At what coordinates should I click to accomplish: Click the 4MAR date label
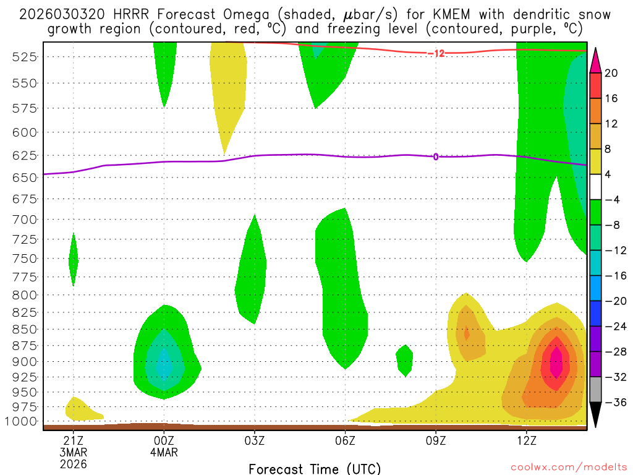click(x=164, y=452)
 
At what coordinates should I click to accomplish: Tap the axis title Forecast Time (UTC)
click(x=315, y=468)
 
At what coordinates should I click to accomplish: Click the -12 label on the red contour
click(x=436, y=54)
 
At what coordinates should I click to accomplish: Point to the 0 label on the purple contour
click(x=436, y=156)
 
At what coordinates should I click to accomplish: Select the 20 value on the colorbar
click(x=611, y=73)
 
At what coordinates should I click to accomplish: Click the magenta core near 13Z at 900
click(x=556, y=363)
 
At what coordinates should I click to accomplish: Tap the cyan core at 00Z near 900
click(x=164, y=364)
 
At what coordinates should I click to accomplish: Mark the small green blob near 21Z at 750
click(x=74, y=260)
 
